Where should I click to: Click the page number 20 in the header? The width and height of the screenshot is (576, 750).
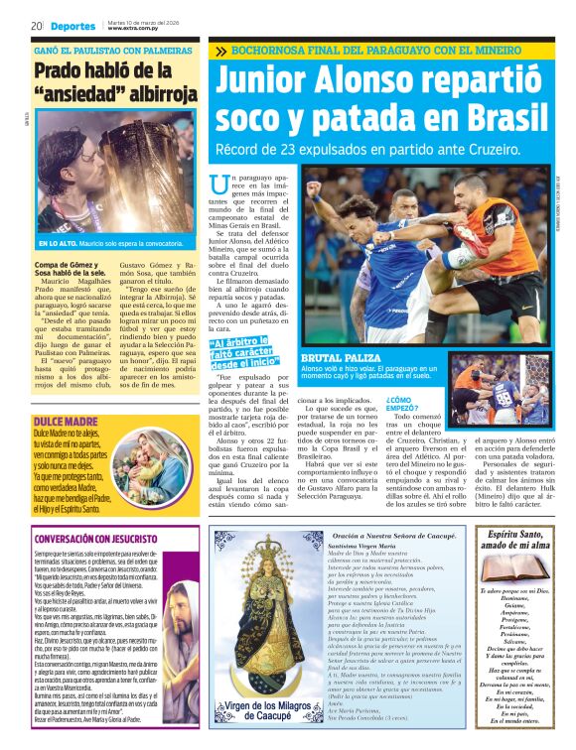click(x=36, y=25)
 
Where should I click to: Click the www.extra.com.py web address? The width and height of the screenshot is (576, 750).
click(x=132, y=29)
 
